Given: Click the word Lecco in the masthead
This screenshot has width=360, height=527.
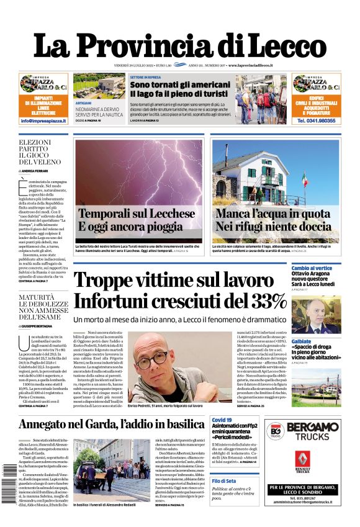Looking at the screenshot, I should (282, 46).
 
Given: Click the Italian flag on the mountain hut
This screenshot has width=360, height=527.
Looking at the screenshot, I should (305, 179).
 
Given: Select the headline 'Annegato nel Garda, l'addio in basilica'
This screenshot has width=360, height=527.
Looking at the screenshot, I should (111, 425).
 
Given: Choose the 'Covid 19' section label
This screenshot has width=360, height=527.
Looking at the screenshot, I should (222, 420).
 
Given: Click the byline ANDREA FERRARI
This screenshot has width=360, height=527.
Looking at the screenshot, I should (38, 170).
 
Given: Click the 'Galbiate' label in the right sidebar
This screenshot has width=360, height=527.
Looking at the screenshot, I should (302, 341).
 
